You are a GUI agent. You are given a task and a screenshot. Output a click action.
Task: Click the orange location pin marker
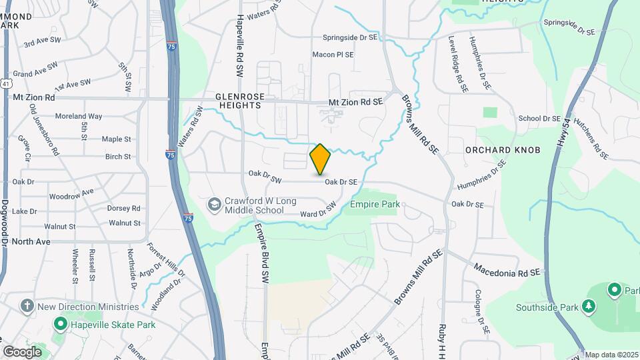point(320,159)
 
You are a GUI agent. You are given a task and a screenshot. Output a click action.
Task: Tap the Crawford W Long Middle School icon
point(215,203)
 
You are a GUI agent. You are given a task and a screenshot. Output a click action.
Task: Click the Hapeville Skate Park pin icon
point(60,325)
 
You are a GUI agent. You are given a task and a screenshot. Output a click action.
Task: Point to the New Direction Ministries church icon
point(27,307)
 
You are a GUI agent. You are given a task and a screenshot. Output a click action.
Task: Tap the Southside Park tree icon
point(588,306)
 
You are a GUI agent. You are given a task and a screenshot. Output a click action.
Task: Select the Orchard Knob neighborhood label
point(502,150)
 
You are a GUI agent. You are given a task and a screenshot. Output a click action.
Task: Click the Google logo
point(22,351)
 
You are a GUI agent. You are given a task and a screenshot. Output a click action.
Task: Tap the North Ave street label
point(31,241)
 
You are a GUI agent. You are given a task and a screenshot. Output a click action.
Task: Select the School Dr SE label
point(539,118)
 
